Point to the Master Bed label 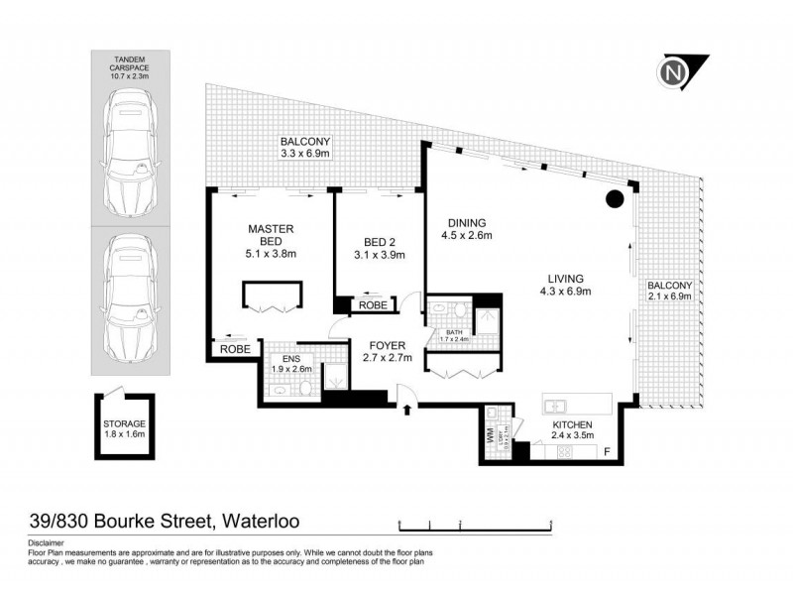(272, 239)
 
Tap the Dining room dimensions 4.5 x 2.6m (467, 236)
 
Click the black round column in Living (616, 198)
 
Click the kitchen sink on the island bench (555, 405)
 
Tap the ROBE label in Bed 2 (373, 305)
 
